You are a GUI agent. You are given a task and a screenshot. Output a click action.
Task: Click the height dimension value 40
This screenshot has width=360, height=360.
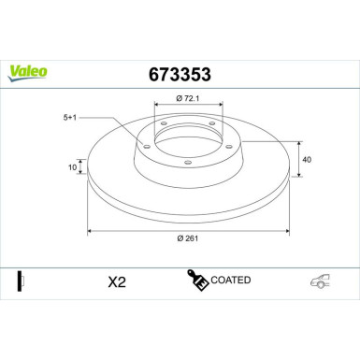tap(306, 159)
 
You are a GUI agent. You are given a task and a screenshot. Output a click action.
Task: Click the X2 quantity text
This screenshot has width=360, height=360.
tap(116, 281)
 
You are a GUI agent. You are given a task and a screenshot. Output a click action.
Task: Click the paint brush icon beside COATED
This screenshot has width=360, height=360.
tap(199, 281)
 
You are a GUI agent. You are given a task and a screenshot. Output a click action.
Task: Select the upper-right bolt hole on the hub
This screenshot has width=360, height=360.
tap(212, 125)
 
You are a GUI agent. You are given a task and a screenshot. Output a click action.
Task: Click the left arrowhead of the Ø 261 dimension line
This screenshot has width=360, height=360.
tap(90, 228)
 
